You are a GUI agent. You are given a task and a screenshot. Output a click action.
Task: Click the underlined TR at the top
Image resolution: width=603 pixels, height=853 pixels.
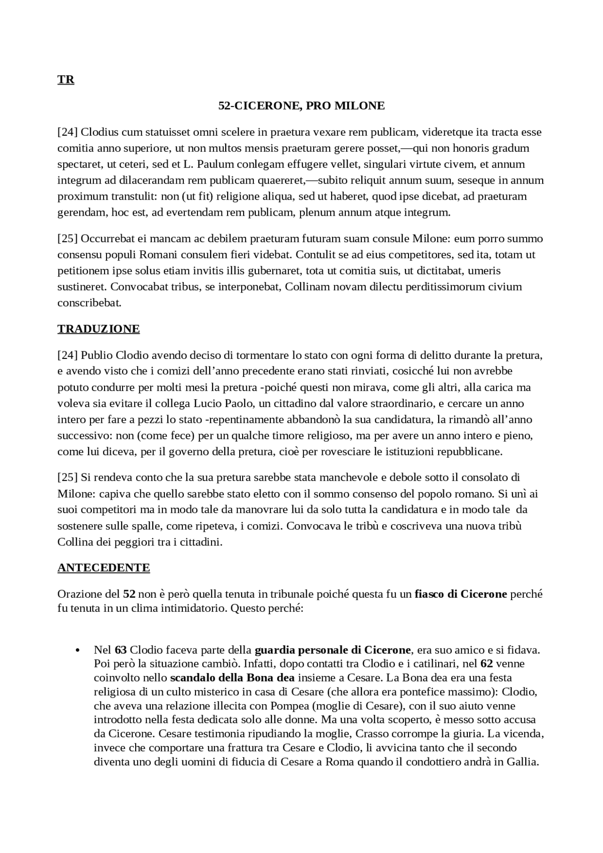(x=66, y=80)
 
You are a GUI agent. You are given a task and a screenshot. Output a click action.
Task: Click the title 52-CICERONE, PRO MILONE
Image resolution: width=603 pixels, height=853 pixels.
(x=301, y=106)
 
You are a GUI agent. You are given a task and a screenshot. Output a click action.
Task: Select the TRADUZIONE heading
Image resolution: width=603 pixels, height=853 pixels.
(x=98, y=329)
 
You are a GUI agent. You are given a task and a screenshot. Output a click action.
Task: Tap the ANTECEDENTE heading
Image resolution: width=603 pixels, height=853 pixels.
(x=104, y=568)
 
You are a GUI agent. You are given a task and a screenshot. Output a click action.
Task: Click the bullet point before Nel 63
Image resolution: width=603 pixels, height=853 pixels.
(x=77, y=650)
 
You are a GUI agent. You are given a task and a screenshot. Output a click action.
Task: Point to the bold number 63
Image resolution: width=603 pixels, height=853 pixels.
(x=121, y=650)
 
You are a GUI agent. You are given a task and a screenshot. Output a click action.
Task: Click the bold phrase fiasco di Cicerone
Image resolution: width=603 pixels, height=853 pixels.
(x=461, y=593)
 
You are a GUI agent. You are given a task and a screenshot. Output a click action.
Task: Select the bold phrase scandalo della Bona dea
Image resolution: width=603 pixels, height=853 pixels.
(x=232, y=678)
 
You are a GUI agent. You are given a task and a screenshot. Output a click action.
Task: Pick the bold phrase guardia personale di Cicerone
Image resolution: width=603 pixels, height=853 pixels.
(x=333, y=650)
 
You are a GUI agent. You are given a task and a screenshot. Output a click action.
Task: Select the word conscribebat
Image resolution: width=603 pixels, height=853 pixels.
(x=90, y=303)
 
